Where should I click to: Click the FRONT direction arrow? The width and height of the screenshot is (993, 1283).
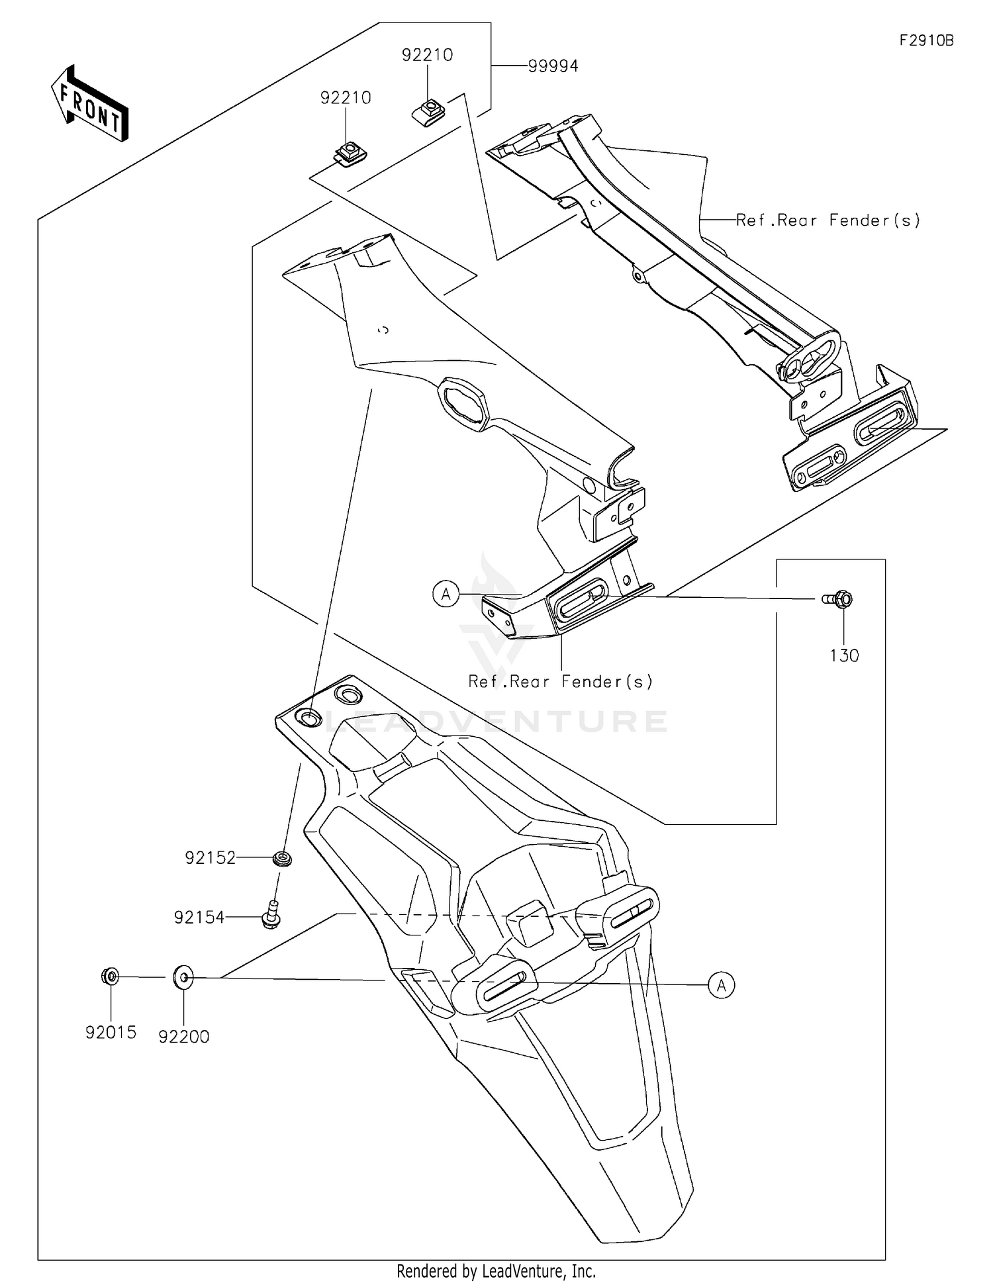pyautogui.click(x=90, y=104)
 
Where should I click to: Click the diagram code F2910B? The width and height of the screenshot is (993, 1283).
pyautogui.click(x=926, y=40)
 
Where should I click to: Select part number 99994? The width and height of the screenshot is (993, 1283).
pyautogui.click(x=553, y=66)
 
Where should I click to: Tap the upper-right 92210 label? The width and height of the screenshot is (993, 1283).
pyautogui.click(x=427, y=55)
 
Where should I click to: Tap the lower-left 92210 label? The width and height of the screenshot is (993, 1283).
pyautogui.click(x=346, y=98)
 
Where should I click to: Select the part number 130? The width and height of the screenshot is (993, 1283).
pyautogui.click(x=844, y=655)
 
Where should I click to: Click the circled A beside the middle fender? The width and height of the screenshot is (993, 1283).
pyautogui.click(x=446, y=594)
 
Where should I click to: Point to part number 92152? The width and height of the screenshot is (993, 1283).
pyautogui.click(x=210, y=858)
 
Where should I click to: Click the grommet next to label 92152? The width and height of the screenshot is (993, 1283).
pyautogui.click(x=283, y=859)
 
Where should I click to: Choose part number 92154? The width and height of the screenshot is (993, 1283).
pyautogui.click(x=199, y=918)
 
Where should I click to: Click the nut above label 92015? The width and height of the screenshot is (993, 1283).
pyautogui.click(x=111, y=976)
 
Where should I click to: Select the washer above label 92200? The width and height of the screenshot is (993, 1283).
pyautogui.click(x=183, y=977)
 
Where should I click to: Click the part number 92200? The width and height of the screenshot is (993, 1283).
pyautogui.click(x=183, y=1037)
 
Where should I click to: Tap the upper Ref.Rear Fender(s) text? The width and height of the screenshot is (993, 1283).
pyautogui.click(x=827, y=220)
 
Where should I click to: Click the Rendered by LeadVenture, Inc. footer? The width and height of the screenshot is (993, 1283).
pyautogui.click(x=496, y=1271)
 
